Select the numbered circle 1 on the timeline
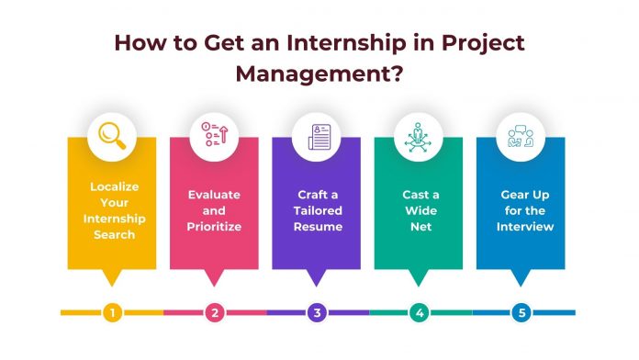[112, 313]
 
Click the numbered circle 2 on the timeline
[214, 313]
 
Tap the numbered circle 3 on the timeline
[317, 313]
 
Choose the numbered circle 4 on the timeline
[419, 313]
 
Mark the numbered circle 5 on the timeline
[521, 313]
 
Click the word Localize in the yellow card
[112, 186]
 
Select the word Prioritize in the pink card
[214, 226]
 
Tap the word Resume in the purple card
[317, 226]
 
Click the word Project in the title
[477, 43]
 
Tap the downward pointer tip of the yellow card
[112, 282]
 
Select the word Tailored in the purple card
[317, 210]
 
